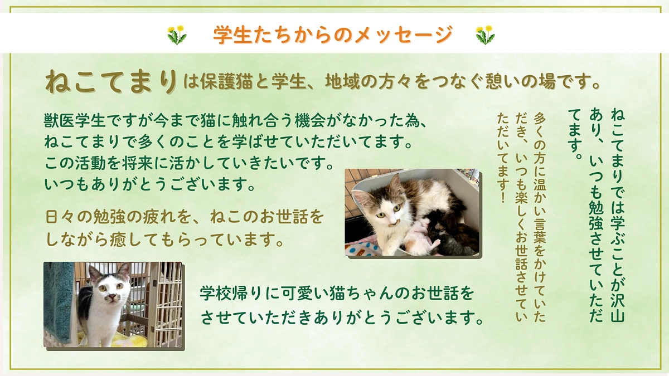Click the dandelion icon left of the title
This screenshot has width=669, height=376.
pos(177,35)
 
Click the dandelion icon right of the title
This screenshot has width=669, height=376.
pos(485,35)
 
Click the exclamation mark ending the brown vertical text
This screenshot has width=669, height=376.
pos(503,197)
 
